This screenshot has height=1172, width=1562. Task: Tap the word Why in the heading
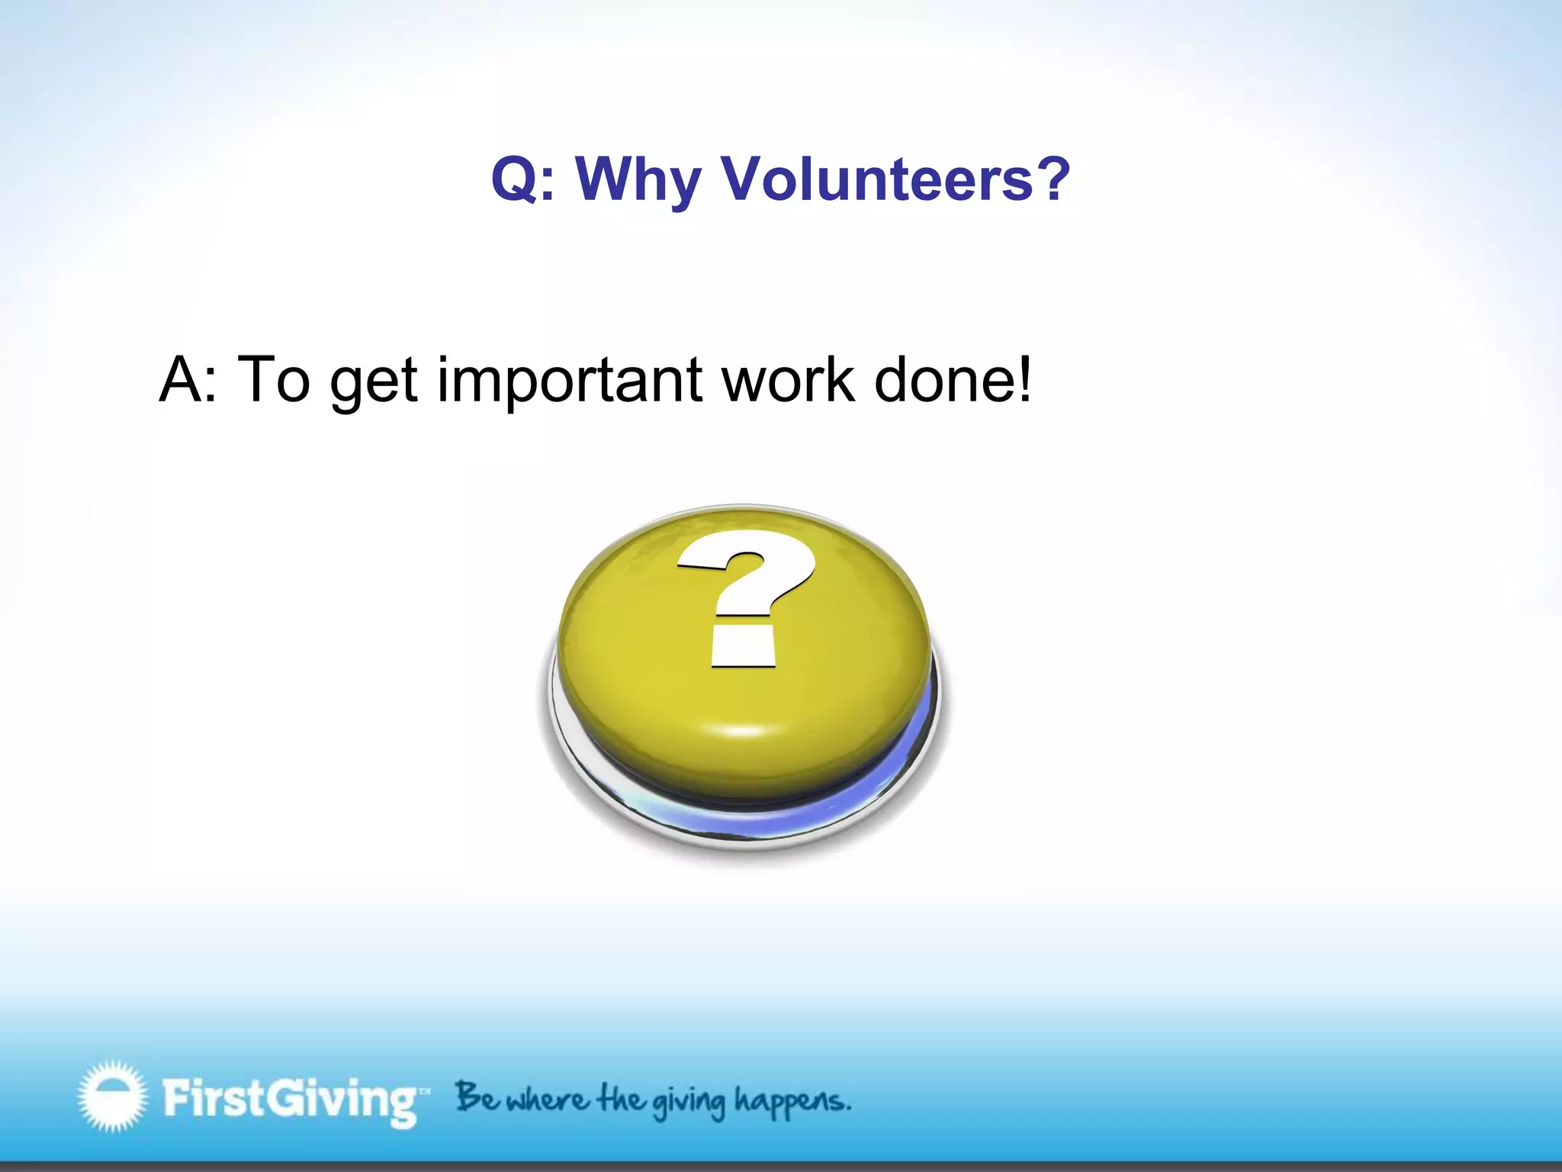[638, 181]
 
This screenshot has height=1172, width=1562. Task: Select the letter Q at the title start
[515, 179]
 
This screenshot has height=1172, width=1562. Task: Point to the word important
[569, 382]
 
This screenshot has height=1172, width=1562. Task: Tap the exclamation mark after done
[1024, 379]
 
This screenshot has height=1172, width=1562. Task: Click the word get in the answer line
[373, 383]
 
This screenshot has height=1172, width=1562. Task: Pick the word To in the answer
[273, 379]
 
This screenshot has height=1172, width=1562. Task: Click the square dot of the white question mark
[744, 647]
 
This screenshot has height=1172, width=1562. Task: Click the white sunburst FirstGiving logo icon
[111, 1096]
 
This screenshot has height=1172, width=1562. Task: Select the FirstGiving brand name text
[290, 1099]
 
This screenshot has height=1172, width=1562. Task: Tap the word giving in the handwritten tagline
[688, 1102]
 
